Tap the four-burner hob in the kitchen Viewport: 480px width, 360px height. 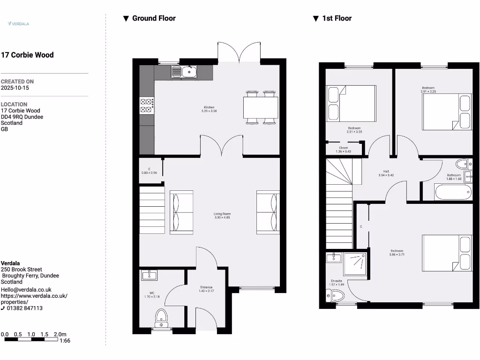coord(146,105)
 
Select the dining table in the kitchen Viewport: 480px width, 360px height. coord(260,107)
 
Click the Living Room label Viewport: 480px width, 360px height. coord(222,216)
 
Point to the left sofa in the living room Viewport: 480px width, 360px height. coord(181,212)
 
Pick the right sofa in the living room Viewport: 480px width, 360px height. coord(268,212)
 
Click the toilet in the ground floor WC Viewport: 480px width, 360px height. coord(161,317)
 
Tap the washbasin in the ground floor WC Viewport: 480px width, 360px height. coord(149,275)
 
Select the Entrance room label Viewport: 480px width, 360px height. coord(206,289)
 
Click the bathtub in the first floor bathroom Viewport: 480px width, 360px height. coord(452,192)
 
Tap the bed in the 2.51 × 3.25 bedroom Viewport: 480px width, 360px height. coord(351,103)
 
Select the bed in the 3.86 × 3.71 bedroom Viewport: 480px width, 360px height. coord(447,253)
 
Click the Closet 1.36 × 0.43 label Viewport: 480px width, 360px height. coord(343,150)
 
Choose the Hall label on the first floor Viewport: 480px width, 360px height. coord(386,173)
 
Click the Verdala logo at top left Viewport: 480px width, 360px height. coord(19,23)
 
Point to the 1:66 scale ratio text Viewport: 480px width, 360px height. coord(65,341)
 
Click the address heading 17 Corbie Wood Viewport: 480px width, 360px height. coord(27,55)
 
